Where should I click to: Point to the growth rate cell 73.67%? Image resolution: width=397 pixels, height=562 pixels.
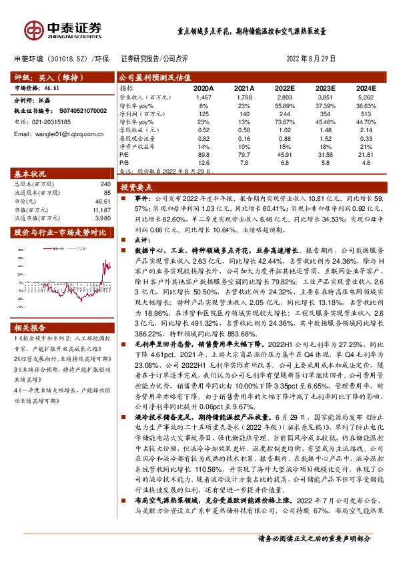pos(285,123)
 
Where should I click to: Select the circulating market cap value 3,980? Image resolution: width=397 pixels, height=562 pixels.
pos(103,217)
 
